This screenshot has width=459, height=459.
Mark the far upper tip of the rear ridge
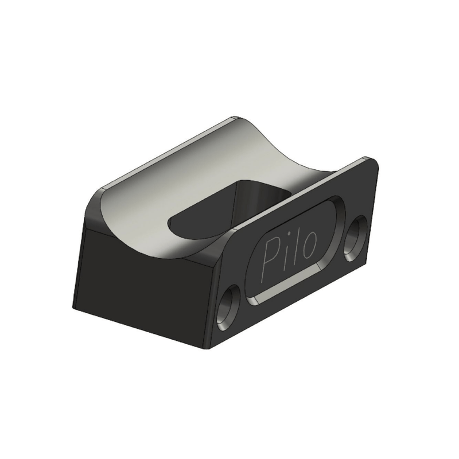[x=232, y=119]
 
